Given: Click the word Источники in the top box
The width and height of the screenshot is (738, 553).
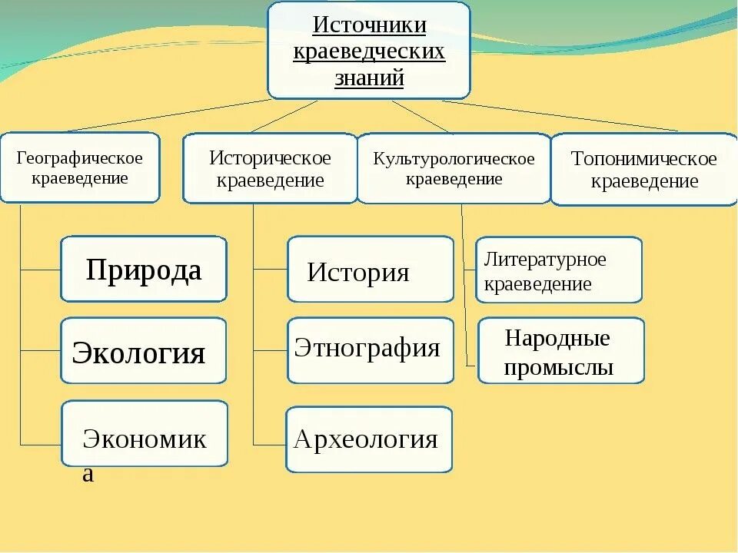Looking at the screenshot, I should point(369,25).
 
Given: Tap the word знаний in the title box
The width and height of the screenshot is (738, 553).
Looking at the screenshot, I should point(369,78).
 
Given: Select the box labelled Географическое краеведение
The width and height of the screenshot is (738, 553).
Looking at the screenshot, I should point(79,167).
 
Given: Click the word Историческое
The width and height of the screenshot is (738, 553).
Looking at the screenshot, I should point(270,158).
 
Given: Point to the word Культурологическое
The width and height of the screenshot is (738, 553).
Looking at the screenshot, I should point(454,159).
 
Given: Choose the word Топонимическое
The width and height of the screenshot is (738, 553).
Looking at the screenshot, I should point(644,159).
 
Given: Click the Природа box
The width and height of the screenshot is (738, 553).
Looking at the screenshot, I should point(144,270).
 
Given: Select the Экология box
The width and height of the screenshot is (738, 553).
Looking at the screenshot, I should point(144,352).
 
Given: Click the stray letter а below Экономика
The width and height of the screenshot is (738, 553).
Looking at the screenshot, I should point(88,474).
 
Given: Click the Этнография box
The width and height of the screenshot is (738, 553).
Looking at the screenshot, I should point(371,350).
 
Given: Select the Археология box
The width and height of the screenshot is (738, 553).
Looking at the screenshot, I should point(369,439).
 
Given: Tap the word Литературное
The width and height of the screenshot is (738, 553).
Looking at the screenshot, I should point(545,260).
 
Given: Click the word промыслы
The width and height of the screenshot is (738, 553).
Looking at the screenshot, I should point(558,368).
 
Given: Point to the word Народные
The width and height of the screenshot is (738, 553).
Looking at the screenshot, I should point(558,339).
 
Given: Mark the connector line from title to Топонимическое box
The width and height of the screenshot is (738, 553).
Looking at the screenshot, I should point(561,116).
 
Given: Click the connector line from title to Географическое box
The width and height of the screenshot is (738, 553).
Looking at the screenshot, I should point(169,115).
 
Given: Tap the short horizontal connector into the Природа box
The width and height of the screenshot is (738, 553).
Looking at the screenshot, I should point(40,270).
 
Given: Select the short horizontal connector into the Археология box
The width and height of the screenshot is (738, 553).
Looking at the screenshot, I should point(269,444).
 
